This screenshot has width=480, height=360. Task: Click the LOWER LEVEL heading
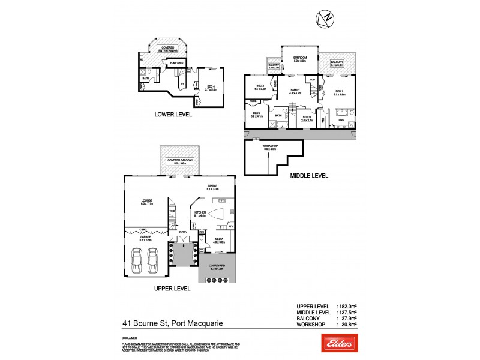[173, 113]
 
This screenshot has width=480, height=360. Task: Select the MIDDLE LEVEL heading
[308, 176]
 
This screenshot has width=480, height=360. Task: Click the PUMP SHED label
[176, 63]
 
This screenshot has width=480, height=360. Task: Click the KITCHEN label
[199, 213]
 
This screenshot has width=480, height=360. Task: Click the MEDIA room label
[218, 239]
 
